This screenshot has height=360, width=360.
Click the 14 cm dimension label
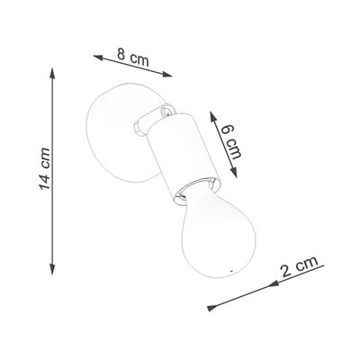(45, 169)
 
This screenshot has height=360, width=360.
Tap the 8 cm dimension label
(133, 57)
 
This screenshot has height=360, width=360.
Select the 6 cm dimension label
(231, 141)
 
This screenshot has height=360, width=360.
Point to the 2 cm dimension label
(300, 266)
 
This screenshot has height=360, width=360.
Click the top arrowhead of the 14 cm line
(52, 73)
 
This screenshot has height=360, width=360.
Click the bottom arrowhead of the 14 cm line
(52, 269)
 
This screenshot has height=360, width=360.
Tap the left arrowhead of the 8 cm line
(99, 57)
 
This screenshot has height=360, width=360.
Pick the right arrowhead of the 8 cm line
(166, 75)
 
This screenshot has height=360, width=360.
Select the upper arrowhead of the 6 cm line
(213, 117)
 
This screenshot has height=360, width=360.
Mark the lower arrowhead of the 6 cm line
(233, 172)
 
